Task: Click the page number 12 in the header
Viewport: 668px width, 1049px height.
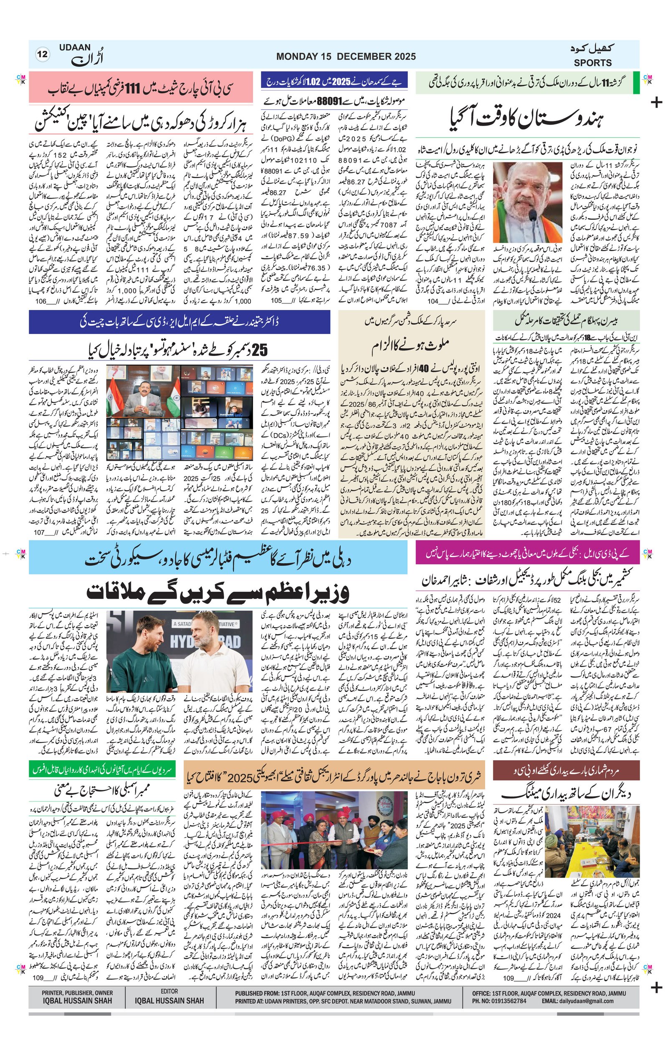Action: tap(43, 55)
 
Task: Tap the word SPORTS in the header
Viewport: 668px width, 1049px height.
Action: tap(592, 63)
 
